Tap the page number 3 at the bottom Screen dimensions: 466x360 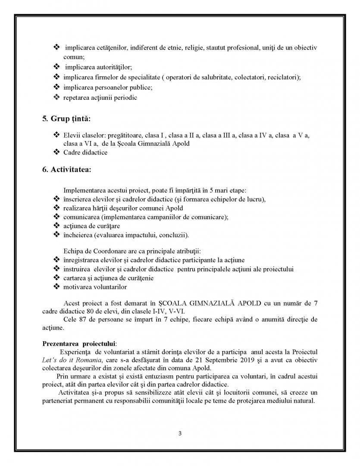pyautogui.click(x=180, y=433)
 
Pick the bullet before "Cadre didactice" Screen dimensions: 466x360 pyautogui.click(x=56, y=152)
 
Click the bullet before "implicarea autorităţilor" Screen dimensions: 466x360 pyautogui.click(x=56, y=67)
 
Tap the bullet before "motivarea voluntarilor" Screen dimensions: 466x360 pyautogui.click(x=56, y=287)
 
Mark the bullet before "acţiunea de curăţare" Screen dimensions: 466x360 pyautogui.click(x=56, y=225)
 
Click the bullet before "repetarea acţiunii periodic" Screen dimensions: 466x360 pyautogui.click(x=56, y=97)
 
